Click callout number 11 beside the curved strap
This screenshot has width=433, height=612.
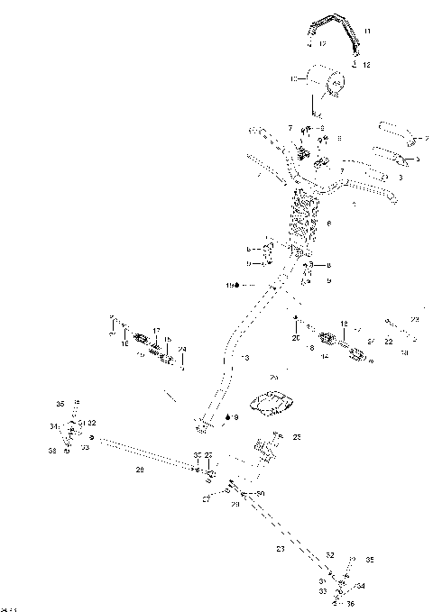pos(366,31)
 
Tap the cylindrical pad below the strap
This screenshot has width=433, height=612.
pos(327,84)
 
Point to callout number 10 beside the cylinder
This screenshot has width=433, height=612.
pos(294,80)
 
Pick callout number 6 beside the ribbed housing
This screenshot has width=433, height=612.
pos(330,224)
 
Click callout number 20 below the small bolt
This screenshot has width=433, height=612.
pos(294,337)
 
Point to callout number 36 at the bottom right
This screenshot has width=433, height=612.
pos(351,603)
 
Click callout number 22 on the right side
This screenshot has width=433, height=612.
pos(389,342)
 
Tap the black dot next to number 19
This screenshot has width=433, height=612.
pos(236,286)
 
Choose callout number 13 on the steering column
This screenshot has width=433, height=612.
pos(244,359)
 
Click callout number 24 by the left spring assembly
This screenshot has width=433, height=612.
pos(182,349)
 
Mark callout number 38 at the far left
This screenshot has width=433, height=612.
pos(52,450)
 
